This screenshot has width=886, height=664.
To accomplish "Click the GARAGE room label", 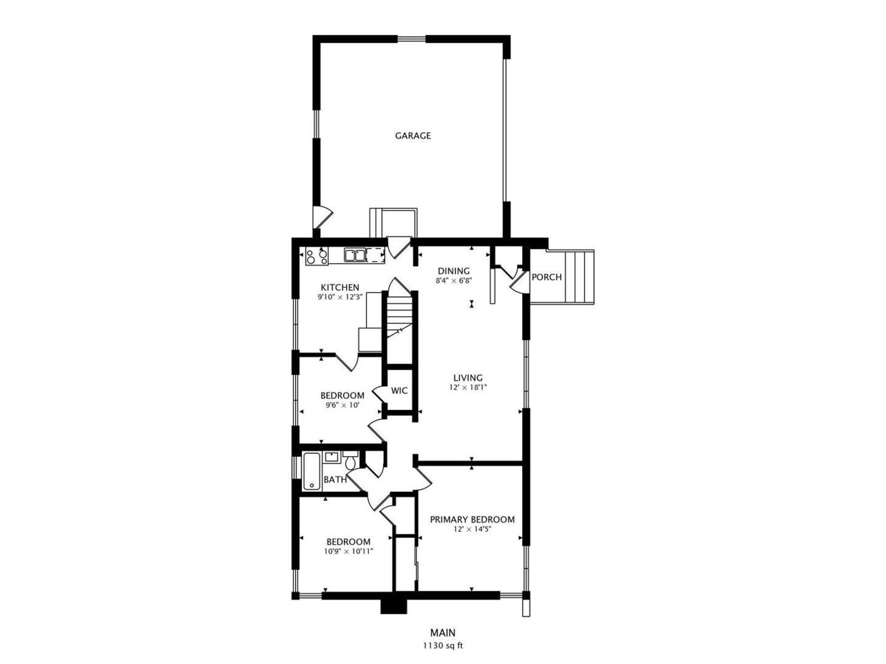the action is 413,136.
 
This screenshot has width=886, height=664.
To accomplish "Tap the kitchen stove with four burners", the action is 317,256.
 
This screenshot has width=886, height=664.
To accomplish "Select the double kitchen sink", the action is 354,255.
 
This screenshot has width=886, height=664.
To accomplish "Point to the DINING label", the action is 454,271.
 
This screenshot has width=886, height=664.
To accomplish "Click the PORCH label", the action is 547,277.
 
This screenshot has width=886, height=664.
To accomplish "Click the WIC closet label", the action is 400,391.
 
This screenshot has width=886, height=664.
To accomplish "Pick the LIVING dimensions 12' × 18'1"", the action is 468,388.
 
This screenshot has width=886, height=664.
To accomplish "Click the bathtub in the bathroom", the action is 311,472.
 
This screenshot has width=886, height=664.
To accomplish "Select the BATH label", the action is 335,480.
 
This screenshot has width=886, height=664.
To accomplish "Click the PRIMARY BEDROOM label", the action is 472,520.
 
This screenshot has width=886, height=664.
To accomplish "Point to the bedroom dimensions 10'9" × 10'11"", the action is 349,552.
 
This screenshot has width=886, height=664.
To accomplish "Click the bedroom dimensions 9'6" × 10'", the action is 342,405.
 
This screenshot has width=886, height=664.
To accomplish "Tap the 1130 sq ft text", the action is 443,646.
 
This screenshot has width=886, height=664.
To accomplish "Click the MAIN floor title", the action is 443,633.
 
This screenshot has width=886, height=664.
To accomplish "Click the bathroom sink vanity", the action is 333,457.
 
